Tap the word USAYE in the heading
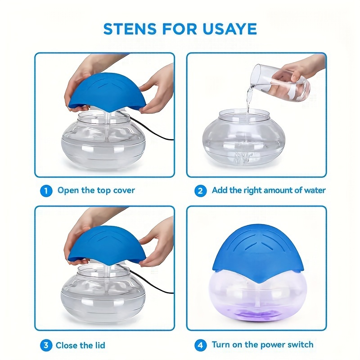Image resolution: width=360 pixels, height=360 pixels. (229, 29)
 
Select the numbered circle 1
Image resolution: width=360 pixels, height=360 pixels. (46, 191)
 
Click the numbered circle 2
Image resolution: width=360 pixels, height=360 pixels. (200, 191)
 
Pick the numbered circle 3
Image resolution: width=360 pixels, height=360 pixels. (46, 345)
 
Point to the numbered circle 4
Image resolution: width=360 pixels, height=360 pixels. (200, 345)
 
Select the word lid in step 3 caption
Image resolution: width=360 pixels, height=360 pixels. (100, 345)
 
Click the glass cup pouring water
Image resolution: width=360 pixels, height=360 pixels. (280, 83)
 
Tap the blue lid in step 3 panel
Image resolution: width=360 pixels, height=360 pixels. (107, 246)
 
